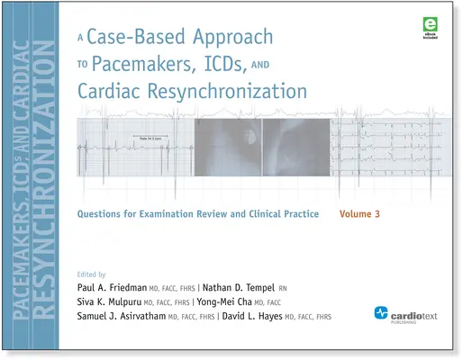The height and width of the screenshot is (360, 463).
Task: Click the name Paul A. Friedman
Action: click(x=120, y=286)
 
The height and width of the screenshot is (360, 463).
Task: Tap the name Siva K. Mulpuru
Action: click(x=116, y=301)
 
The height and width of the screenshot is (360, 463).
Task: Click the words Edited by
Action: click(x=94, y=272)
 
